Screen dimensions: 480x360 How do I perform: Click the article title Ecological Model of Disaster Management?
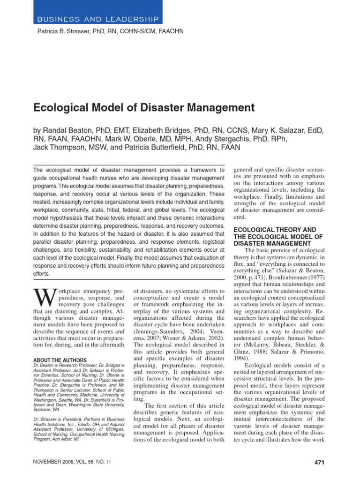tap(144, 108)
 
